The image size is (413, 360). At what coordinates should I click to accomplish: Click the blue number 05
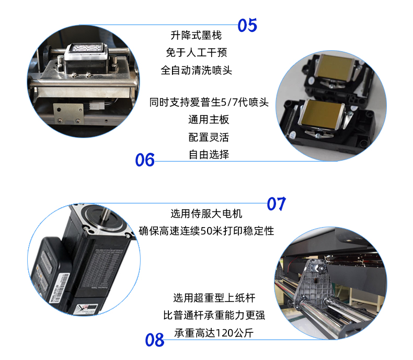click(x=247, y=25)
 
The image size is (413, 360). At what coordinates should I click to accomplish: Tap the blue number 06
click(x=145, y=160)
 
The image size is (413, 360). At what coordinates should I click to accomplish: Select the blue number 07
click(x=277, y=204)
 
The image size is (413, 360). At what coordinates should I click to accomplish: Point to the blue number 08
click(x=155, y=340)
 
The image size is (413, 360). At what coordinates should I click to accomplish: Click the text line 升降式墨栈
click(x=196, y=35)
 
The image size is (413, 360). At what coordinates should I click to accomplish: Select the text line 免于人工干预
click(x=196, y=52)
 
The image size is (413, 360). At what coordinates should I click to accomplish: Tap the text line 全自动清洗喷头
click(x=196, y=70)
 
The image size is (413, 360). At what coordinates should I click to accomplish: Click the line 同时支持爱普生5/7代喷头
click(x=209, y=102)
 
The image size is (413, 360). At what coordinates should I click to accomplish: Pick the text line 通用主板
click(x=209, y=120)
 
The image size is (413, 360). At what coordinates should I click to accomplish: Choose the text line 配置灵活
click(x=209, y=137)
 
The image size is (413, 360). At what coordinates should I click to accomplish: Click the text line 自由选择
click(x=209, y=155)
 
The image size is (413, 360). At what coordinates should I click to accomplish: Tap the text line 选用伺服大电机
click(x=206, y=213)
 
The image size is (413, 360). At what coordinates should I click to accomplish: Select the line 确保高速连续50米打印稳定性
click(x=206, y=231)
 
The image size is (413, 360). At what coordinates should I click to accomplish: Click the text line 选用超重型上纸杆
click(x=214, y=298)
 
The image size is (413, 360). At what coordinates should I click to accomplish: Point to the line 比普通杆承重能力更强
click(x=214, y=315)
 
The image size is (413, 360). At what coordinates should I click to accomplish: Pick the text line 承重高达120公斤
click(x=214, y=333)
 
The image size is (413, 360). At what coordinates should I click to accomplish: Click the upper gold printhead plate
click(x=335, y=66)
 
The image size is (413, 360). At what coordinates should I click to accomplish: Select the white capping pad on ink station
click(x=87, y=49)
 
